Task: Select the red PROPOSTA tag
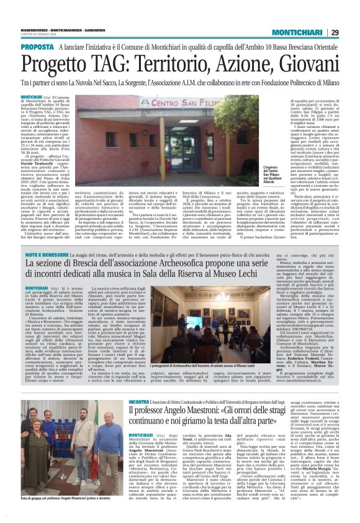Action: click(x=37, y=47)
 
